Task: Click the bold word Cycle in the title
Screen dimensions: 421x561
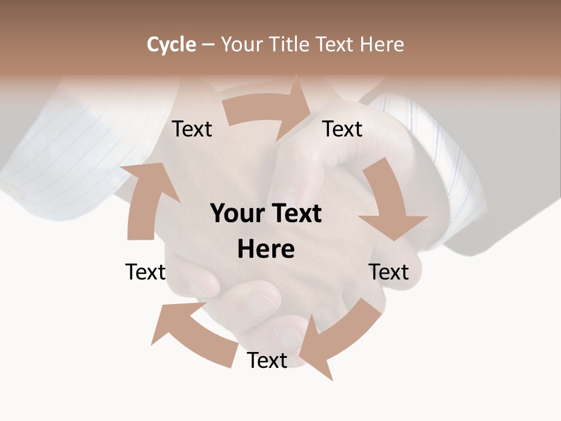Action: [x=171, y=44]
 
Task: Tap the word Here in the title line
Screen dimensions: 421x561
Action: [x=382, y=44]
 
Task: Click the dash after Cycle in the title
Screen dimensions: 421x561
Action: [x=208, y=45]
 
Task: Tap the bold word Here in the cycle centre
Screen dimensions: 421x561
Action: [x=266, y=250]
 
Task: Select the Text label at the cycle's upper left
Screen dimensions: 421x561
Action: [x=192, y=129]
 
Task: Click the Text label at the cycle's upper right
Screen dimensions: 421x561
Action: [x=342, y=129]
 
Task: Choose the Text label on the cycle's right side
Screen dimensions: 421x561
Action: [x=389, y=272]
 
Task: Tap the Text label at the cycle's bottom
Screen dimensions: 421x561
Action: [x=267, y=360]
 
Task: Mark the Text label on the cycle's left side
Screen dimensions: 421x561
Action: [x=146, y=272]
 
